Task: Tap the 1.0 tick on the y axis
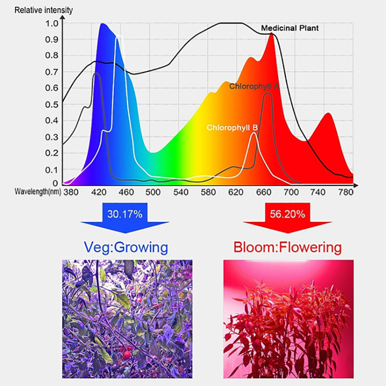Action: click(52, 24)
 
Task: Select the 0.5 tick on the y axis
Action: click(52, 104)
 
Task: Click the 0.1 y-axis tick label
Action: click(52, 170)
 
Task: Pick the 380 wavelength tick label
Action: click(70, 192)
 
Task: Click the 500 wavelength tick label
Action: click(153, 192)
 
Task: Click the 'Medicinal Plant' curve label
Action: click(289, 28)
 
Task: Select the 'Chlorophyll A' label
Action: click(254, 86)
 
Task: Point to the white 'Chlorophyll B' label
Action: click(232, 128)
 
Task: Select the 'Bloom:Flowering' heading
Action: click(287, 248)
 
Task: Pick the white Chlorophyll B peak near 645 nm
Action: click(254, 134)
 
